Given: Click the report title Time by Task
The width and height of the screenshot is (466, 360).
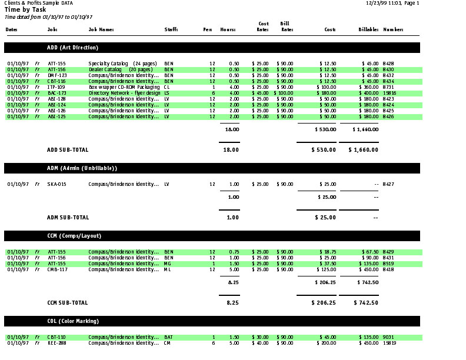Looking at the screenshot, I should pyautogui.click(x=25, y=10).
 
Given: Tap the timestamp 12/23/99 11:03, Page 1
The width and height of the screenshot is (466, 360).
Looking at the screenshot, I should pyautogui.click(x=392, y=4).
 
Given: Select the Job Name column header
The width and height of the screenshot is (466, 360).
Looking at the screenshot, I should pyautogui.click(x=101, y=29).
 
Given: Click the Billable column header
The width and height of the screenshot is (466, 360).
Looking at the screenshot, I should pyautogui.click(x=368, y=29).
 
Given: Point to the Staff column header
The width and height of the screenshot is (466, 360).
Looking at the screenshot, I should pyautogui.click(x=171, y=29).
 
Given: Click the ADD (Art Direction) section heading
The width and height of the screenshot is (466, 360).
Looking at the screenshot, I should pyautogui.click(x=72, y=47).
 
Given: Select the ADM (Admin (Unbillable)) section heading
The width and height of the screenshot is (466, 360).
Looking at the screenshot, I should pyautogui.click(x=82, y=168).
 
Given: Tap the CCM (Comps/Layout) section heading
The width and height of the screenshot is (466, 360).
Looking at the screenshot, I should pyautogui.click(x=74, y=236).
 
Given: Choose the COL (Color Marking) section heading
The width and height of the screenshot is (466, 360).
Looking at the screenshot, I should pyautogui.click(x=73, y=321).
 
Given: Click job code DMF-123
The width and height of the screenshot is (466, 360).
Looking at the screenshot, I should pyautogui.click(x=57, y=75).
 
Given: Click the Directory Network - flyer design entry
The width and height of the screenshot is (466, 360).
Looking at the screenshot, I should pyautogui.click(x=124, y=93).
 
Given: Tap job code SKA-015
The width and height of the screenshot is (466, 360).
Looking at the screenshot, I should pyautogui.click(x=56, y=184).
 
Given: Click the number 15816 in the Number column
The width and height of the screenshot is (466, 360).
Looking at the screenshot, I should pyautogui.click(x=390, y=93).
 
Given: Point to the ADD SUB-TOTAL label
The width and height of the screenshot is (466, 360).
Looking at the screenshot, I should pyautogui.click(x=68, y=149).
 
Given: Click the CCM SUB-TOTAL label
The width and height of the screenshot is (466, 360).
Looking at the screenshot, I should pyautogui.click(x=68, y=303).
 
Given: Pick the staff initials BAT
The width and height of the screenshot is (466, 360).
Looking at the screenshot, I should pyautogui.click(x=168, y=337).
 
